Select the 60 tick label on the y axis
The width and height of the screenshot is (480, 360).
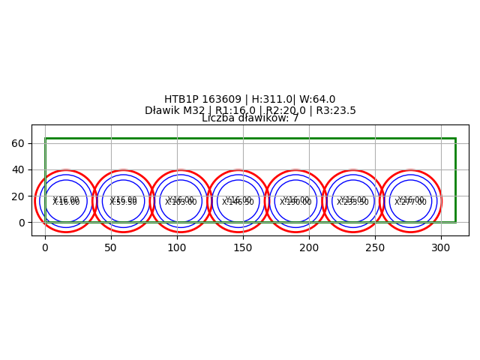click(x=18, y=143)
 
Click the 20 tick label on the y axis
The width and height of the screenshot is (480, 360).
click(x=18, y=196)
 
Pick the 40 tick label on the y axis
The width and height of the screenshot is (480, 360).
click(x=18, y=169)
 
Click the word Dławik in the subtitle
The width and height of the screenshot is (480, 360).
click(x=163, y=111)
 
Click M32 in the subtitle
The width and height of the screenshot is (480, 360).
click(x=196, y=111)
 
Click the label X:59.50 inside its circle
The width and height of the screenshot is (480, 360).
click(x=124, y=202)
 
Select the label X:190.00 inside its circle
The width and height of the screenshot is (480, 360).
click(x=295, y=202)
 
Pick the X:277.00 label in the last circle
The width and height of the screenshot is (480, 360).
click(x=410, y=202)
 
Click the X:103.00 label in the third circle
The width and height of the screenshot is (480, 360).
click(x=181, y=202)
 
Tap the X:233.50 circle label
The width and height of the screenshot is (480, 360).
click(x=352, y=202)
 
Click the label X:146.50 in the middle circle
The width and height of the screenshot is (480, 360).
click(x=238, y=202)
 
